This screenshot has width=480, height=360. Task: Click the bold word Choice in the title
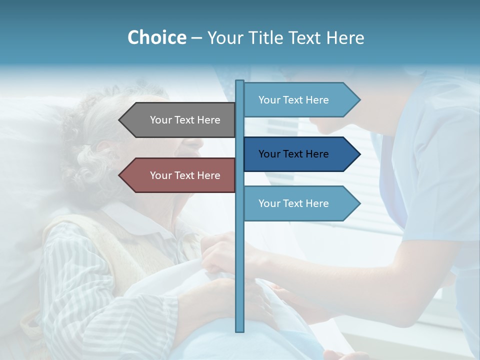click(156, 37)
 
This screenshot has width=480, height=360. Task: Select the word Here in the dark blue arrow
click(317, 154)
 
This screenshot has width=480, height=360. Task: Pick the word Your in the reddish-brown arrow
click(160, 175)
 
